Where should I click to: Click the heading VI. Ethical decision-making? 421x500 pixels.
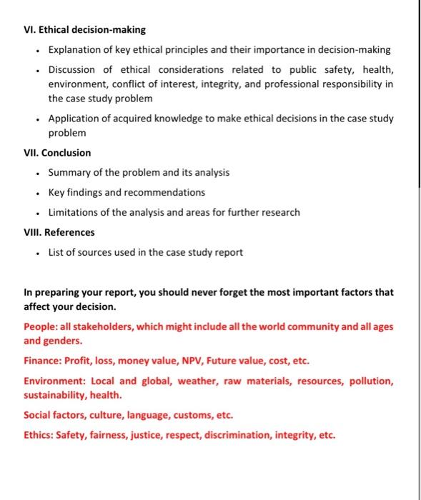pos(84,30)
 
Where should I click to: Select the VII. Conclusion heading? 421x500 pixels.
pos(57,153)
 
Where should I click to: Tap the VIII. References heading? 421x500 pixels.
pos(59,232)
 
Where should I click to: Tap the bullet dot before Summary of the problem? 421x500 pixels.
pos(36,173)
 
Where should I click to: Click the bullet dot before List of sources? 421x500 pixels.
pos(36,252)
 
